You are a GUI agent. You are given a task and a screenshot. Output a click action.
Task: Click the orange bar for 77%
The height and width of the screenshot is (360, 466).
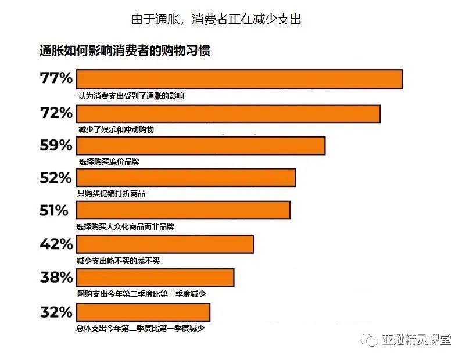click(x=239, y=79)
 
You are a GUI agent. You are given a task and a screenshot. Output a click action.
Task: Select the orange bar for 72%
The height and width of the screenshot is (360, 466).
click(x=228, y=113)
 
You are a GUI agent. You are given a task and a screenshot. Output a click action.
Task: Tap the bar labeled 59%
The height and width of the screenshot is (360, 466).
click(x=200, y=146)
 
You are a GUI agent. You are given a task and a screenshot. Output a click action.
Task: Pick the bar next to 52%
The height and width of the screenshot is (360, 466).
click(x=186, y=178)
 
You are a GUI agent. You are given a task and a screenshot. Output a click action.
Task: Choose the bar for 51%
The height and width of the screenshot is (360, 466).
click(x=183, y=210)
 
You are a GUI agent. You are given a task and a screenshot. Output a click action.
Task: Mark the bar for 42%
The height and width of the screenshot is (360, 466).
click(x=165, y=244)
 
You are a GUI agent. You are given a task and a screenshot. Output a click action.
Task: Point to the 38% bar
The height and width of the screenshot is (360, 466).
click(x=155, y=278)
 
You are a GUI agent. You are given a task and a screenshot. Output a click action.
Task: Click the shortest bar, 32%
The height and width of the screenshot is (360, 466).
click(x=143, y=311)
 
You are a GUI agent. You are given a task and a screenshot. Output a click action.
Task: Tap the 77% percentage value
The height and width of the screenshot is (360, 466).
click(x=56, y=78)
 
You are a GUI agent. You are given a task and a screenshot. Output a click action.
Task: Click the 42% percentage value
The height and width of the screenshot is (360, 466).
click(x=56, y=244)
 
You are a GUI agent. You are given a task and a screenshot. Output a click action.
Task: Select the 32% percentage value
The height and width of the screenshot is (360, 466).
click(x=56, y=312)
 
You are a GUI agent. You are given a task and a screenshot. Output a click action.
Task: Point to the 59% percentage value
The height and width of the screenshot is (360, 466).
click(x=56, y=146)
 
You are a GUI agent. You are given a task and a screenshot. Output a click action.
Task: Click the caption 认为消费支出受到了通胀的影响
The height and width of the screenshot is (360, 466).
click(x=131, y=96)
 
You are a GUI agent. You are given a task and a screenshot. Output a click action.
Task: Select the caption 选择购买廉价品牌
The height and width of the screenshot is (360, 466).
click(x=109, y=162)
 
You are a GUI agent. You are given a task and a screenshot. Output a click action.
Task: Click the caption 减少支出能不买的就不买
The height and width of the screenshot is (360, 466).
click(x=118, y=261)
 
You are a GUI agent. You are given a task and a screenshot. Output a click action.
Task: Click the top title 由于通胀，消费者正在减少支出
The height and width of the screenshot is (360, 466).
click(x=216, y=19)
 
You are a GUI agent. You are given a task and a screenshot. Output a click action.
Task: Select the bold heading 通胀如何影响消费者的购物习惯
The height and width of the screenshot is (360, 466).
click(x=124, y=51)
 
